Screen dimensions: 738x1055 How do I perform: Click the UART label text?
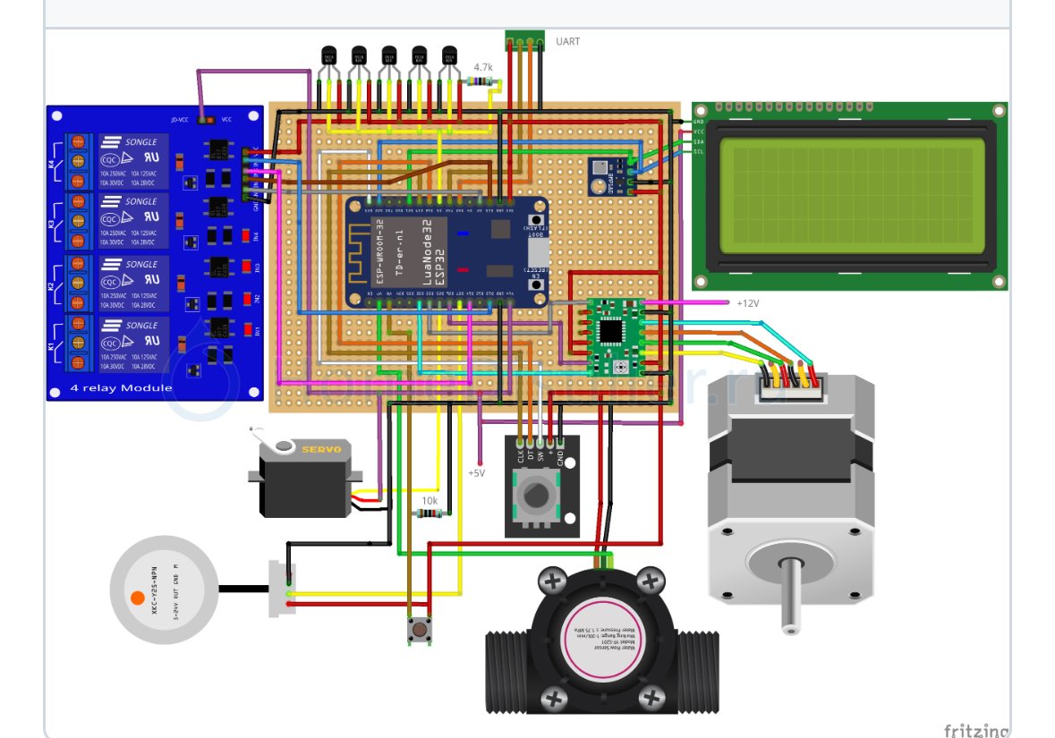click(x=567, y=41)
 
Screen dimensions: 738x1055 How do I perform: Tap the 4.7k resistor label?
click(x=483, y=67)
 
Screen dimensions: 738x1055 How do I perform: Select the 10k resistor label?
click(x=430, y=501)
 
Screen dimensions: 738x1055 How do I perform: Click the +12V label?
click(x=747, y=303)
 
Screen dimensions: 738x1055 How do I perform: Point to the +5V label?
click(x=476, y=472)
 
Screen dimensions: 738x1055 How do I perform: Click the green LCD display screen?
click(x=849, y=195)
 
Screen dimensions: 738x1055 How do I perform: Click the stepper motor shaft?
click(x=788, y=594)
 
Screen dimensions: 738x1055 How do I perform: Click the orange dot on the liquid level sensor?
click(x=137, y=598)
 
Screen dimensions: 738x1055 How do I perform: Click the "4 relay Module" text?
click(x=121, y=388)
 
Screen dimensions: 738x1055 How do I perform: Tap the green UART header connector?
click(x=524, y=39)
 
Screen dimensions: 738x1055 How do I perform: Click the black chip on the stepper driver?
click(x=613, y=331)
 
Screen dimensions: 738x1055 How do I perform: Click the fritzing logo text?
click(x=975, y=730)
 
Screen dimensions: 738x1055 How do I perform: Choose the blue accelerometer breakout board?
click(x=605, y=176)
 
